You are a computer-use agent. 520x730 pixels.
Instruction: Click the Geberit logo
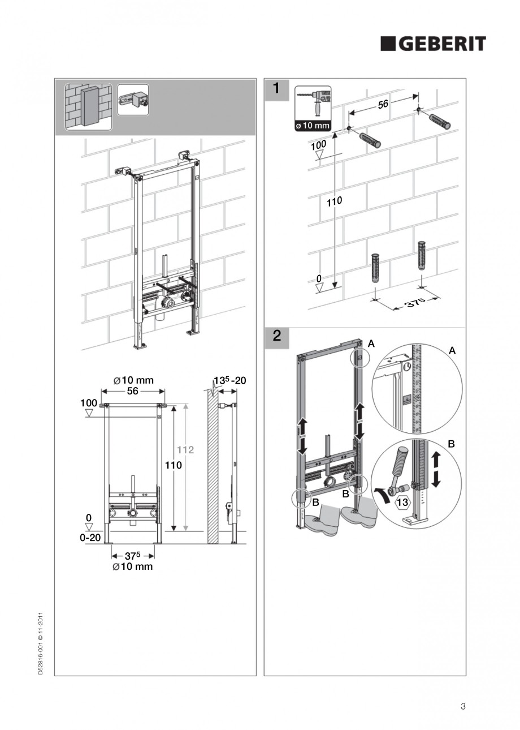(x=433, y=44)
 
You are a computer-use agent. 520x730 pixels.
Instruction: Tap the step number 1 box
(x=276, y=88)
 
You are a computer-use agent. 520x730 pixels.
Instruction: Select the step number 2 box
(x=276, y=336)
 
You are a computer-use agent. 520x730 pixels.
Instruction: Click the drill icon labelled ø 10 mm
(x=313, y=108)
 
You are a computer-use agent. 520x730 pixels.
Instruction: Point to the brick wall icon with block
(x=88, y=106)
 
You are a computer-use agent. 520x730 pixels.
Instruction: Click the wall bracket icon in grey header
(x=133, y=100)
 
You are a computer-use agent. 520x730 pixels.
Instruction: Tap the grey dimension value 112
(x=186, y=450)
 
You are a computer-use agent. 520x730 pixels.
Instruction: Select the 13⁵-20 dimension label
(x=229, y=380)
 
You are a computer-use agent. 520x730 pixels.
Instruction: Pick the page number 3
(x=463, y=706)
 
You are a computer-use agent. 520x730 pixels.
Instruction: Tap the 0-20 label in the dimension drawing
(x=90, y=538)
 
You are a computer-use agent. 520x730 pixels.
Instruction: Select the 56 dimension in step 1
(x=383, y=105)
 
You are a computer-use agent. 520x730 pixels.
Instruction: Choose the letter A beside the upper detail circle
(x=452, y=351)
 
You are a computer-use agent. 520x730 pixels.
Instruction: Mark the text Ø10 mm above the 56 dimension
(x=133, y=380)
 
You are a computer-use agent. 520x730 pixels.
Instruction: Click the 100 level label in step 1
(x=319, y=145)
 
